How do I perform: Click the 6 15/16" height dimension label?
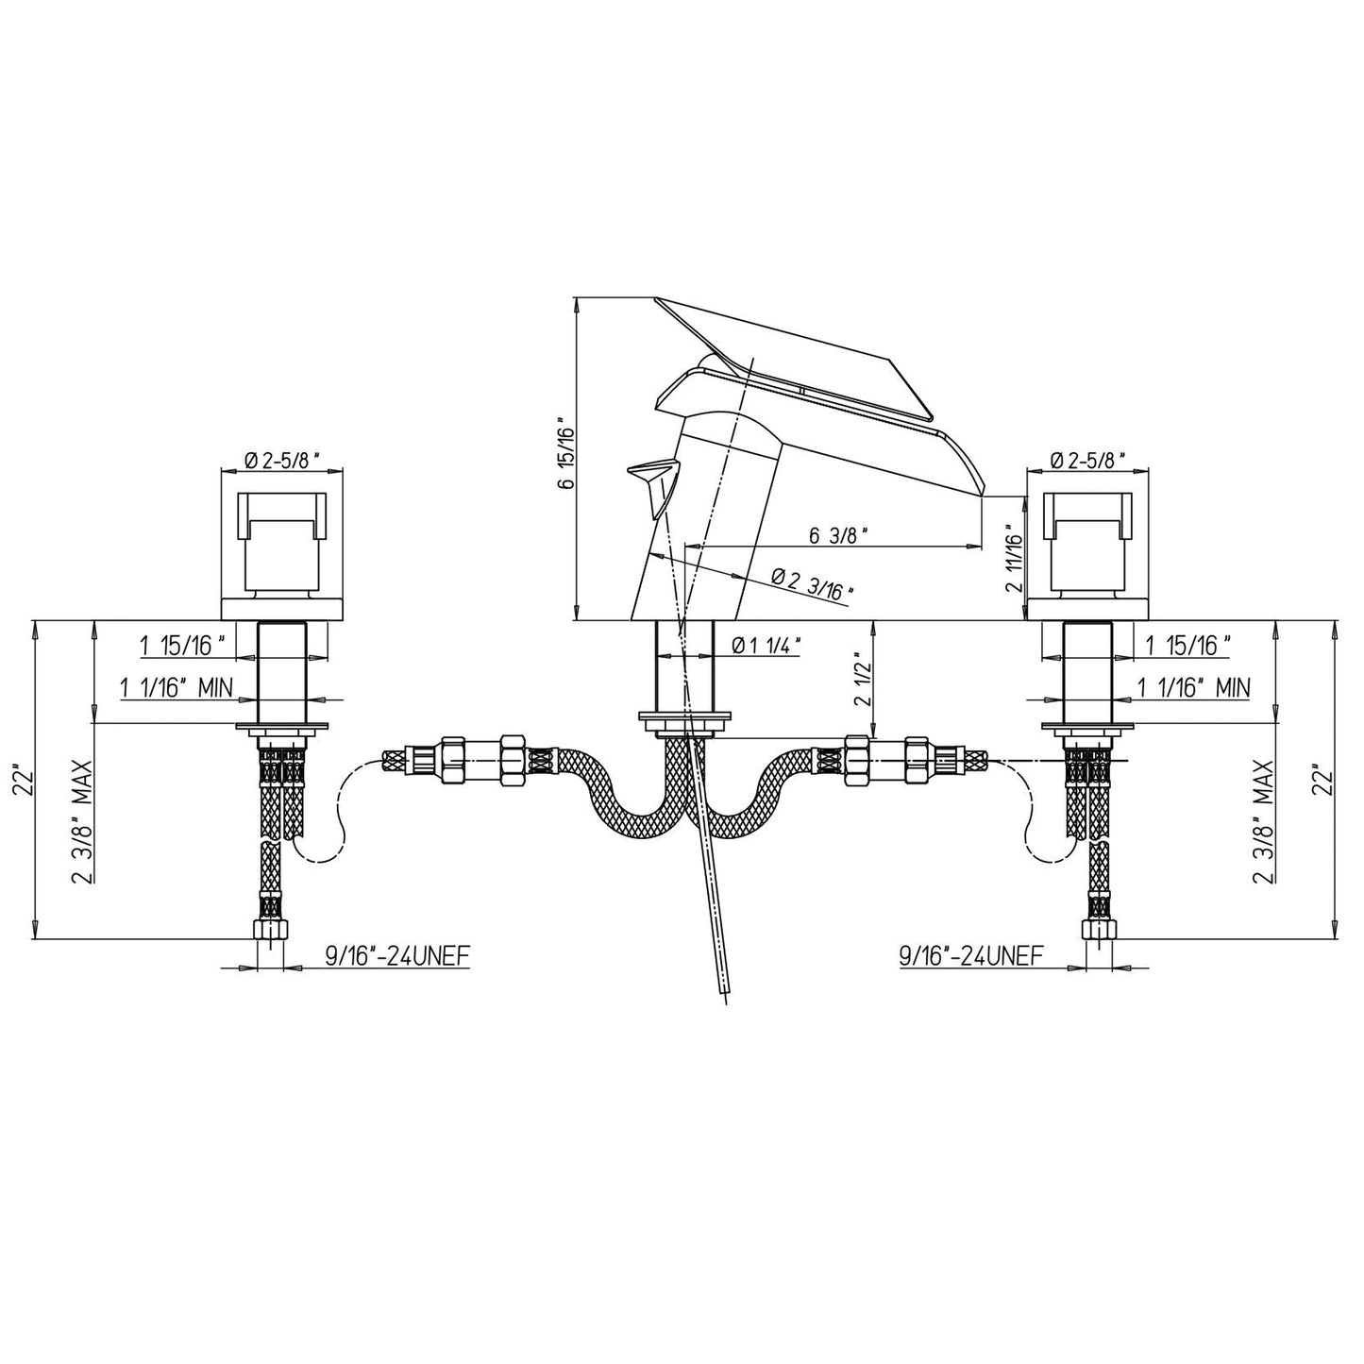(565, 453)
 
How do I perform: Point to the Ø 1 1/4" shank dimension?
(766, 646)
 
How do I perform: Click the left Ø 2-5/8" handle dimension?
(281, 460)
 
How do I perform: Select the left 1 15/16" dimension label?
(183, 646)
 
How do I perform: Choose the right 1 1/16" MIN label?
(1193, 687)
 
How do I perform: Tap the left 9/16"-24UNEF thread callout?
(396, 956)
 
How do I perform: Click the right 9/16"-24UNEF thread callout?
(971, 956)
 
